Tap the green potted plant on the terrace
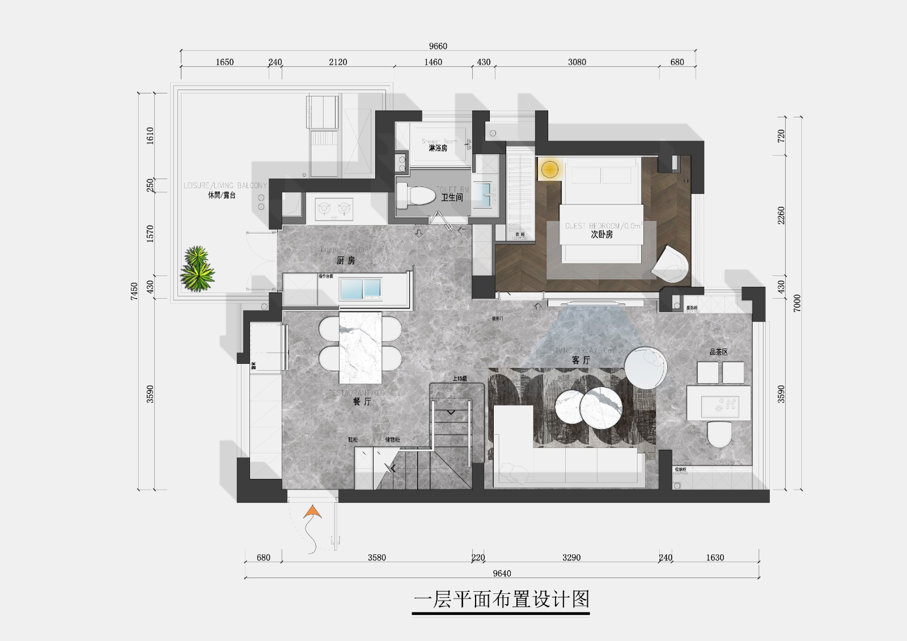197,269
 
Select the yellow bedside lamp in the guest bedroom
549,169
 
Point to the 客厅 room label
580,360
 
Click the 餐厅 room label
362,401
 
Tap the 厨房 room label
345,261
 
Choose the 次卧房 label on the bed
601,234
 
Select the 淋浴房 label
438,148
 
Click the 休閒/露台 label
221,195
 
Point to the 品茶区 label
718,352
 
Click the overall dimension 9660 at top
438,46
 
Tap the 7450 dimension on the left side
134,291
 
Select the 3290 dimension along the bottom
571,558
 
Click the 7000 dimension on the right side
797,303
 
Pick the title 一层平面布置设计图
502,599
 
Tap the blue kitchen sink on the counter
359,289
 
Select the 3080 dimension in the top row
577,62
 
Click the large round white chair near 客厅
646,368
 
